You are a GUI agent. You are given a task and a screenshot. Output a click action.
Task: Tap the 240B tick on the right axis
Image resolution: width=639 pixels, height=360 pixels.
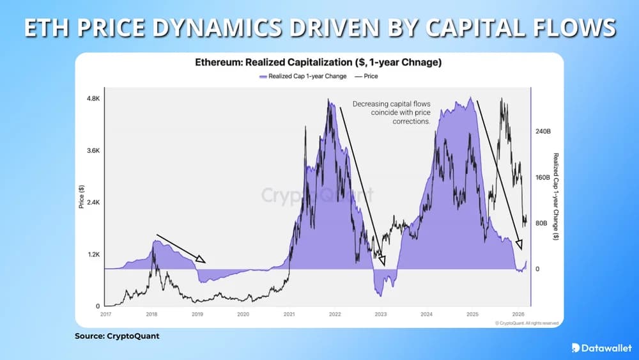tap(543, 131)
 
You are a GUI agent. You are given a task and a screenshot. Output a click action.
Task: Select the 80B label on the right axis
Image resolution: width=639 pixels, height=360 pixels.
tap(541, 223)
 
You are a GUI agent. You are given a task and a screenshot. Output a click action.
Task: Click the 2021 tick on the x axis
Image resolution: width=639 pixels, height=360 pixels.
tap(289, 315)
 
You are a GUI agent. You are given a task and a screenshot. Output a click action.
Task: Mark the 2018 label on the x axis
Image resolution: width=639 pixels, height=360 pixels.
tap(151, 315)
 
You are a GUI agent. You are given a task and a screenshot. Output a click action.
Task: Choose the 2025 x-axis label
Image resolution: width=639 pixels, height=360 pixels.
tap(472, 315)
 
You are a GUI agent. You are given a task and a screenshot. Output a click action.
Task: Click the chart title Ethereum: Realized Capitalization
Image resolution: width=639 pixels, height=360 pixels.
tap(318, 63)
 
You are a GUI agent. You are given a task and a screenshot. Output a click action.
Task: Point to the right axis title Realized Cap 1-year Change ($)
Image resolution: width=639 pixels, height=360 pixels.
tap(555, 197)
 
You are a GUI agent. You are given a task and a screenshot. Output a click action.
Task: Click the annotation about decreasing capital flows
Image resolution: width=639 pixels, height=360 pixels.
tap(391, 112)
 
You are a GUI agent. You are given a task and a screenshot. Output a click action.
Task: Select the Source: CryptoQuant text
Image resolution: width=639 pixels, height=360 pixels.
tap(117, 336)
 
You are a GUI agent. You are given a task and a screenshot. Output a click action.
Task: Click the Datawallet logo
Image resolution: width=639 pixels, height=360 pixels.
tap(598, 347)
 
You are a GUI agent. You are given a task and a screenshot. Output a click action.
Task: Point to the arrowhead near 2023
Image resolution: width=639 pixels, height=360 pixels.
tap(383, 261)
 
